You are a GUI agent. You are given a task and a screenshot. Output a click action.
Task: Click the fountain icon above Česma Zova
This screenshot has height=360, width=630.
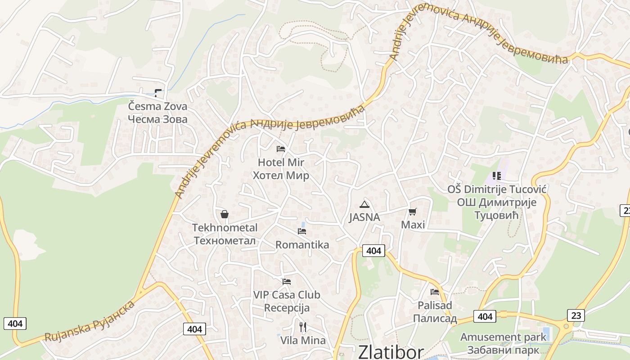tap(157, 93)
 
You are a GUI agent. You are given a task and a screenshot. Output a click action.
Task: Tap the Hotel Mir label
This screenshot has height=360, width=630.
tap(281, 162)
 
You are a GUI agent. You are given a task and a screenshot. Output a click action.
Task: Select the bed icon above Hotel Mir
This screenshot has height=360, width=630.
tap(281, 148)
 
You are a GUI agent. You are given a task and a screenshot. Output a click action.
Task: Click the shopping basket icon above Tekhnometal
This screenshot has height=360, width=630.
tap(225, 214)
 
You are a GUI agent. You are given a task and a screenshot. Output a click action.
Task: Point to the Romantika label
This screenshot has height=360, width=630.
tap(302, 245)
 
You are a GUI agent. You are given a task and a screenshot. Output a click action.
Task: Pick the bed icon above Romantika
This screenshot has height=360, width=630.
tap(302, 231)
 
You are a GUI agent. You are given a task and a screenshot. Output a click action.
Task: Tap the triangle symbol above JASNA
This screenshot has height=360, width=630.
tap(364, 205)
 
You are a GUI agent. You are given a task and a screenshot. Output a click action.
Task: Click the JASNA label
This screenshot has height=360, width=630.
tap(364, 217)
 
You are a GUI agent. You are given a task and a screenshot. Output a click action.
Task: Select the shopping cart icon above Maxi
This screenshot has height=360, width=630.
tap(413, 211)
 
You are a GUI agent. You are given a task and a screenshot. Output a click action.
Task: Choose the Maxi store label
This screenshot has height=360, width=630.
tap(413, 225)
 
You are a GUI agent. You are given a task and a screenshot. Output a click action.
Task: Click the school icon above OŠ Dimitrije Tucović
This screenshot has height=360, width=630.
tap(497, 175)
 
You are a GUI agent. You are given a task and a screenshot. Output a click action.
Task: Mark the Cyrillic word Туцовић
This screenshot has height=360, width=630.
tap(497, 216)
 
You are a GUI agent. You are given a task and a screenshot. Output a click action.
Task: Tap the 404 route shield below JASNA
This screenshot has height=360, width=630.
tap(373, 251)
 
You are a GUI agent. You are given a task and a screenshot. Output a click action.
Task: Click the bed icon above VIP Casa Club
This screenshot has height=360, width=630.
tap(287, 282)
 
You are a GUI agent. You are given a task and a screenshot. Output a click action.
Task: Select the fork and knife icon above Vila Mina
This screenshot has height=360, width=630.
tap(303, 327)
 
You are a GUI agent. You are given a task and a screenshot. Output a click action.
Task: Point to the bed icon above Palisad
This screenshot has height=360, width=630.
tap(435, 292)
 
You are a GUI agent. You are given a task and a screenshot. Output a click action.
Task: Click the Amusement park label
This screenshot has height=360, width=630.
tap(503, 337)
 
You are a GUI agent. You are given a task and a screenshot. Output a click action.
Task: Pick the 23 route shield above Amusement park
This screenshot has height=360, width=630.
tap(576, 315)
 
